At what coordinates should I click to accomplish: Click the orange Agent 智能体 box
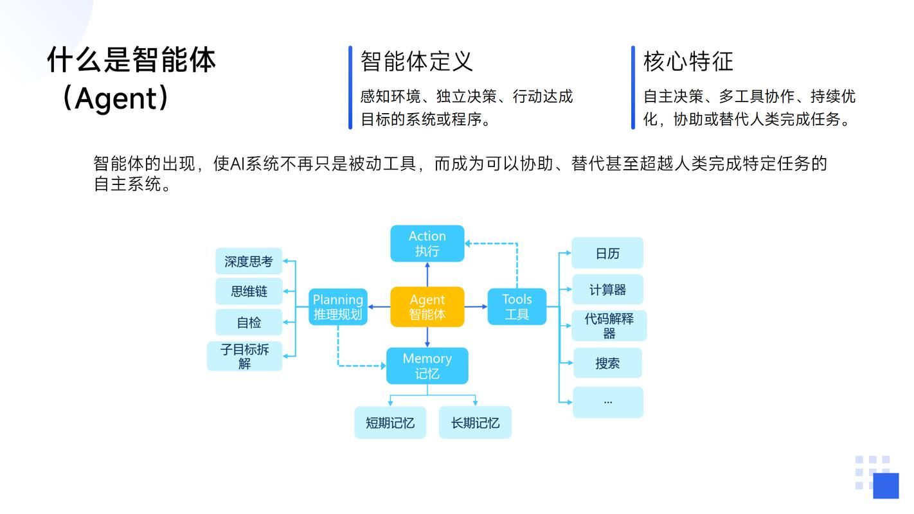coord(427,307)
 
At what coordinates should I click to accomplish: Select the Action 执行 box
coord(427,244)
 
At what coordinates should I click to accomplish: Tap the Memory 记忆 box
coord(427,366)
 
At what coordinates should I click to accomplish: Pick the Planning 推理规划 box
coord(338,307)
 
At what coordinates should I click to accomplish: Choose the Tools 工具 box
coord(517,307)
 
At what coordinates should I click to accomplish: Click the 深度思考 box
coord(249,261)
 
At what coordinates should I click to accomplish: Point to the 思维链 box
coord(249,292)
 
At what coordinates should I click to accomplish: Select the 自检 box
coord(249,323)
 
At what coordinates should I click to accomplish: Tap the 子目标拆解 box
coord(245,357)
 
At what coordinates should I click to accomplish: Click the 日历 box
coord(607,253)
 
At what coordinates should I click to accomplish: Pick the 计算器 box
coord(607,290)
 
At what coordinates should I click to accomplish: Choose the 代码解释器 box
coord(609,326)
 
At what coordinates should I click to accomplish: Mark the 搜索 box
coord(607,363)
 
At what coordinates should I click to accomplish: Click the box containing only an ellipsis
coord(607,402)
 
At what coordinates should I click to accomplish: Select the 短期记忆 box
coord(390,423)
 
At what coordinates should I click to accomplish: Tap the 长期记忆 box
coord(475,423)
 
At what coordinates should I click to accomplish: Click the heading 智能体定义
coord(417,62)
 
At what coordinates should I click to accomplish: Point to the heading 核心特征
coord(688,62)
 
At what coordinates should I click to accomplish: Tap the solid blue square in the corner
coord(886,486)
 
